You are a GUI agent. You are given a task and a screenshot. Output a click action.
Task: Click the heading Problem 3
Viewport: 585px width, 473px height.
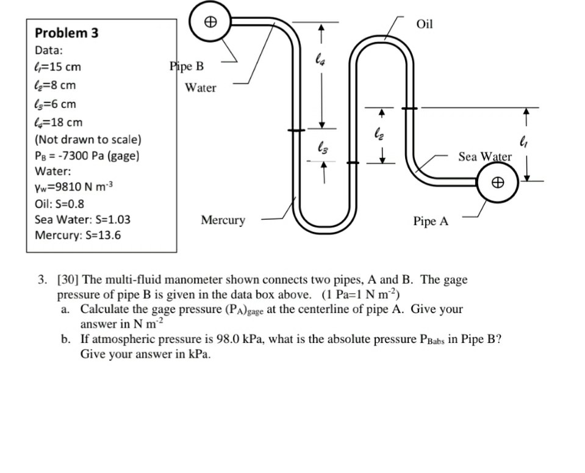[x=67, y=33]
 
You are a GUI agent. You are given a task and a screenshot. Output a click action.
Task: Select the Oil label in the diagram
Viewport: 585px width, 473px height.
[x=424, y=24]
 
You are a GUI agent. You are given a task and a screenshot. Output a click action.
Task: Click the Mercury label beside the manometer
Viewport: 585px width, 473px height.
[x=223, y=220]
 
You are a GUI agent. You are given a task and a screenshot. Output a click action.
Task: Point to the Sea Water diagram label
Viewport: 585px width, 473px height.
[x=485, y=157]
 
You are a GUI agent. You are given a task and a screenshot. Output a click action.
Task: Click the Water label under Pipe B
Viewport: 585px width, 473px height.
[x=201, y=88]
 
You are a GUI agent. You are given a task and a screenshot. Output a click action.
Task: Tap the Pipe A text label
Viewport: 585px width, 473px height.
[x=431, y=222]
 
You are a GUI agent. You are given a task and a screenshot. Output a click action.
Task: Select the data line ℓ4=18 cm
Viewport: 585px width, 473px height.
[x=59, y=123]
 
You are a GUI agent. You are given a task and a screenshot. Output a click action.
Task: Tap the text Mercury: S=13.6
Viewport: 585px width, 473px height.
[x=77, y=234]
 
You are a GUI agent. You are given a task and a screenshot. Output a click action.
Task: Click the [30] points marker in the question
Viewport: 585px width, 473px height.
[x=68, y=280]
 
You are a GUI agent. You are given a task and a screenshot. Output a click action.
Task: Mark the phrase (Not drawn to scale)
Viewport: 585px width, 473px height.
[x=88, y=139]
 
